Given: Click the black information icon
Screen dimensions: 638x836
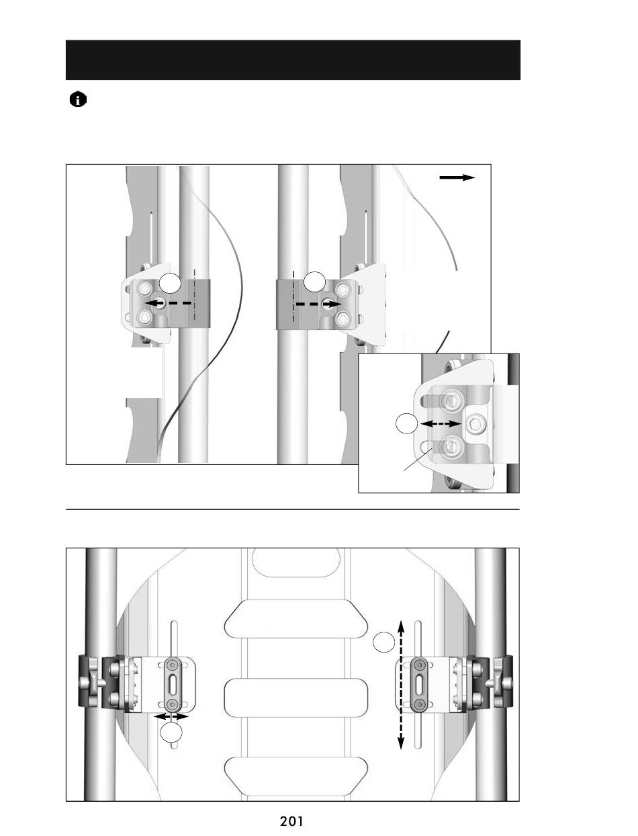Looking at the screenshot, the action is [78, 99].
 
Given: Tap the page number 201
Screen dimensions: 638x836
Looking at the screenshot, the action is [291, 821].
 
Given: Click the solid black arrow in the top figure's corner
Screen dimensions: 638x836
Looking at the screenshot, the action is [457, 177].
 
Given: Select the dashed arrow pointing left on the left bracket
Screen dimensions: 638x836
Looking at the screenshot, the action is [169, 303].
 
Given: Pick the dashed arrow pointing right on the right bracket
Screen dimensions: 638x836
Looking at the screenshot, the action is [319, 304].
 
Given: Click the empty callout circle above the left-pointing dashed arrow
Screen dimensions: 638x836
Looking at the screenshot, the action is [170, 283].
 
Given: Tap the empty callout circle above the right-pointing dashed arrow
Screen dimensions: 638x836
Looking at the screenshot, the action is [314, 282].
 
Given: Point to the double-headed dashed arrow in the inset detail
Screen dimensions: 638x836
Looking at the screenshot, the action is [441, 423].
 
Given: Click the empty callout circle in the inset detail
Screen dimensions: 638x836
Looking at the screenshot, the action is [407, 423].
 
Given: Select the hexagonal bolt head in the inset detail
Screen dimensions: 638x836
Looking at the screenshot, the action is [476, 423].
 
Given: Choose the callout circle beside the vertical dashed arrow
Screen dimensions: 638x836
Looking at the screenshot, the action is [384, 642].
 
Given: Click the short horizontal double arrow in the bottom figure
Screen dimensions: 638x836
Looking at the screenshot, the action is [171, 716].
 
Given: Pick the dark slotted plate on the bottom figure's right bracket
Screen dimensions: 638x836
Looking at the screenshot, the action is [420, 684].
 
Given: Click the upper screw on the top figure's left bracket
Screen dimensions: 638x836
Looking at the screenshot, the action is [144, 289].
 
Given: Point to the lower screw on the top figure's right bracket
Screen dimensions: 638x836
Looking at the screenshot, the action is [343, 319].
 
